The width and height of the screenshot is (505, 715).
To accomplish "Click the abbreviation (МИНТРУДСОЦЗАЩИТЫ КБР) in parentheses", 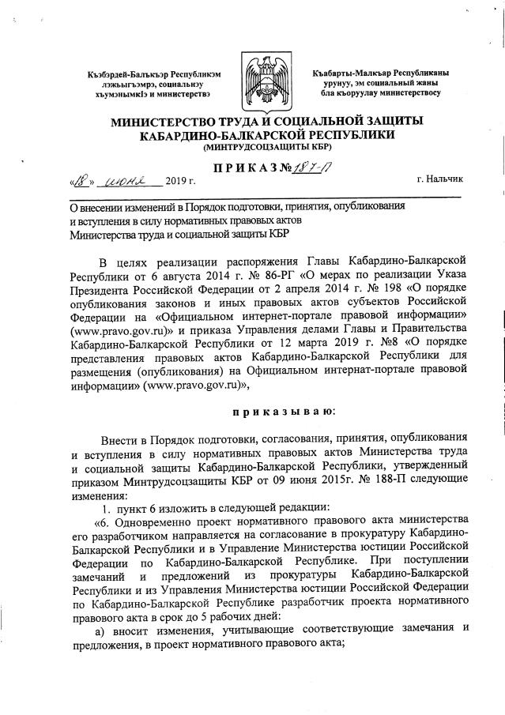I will coord(253,148).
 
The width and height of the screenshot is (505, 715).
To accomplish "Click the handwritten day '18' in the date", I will coord(85,180).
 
